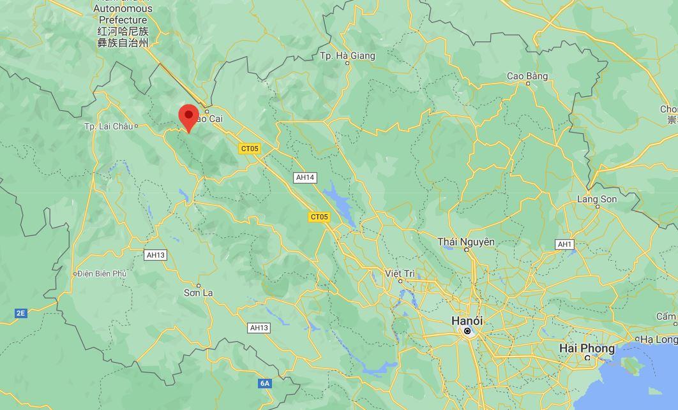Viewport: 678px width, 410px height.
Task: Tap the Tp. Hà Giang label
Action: pyautogui.click(x=347, y=56)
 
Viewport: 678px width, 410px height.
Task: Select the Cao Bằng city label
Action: pyautogui.click(x=527, y=76)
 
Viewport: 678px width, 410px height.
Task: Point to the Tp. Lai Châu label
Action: pyautogui.click(x=108, y=126)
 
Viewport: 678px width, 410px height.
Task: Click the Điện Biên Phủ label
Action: pyautogui.click(x=102, y=274)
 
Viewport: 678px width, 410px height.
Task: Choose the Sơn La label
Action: pyautogui.click(x=198, y=293)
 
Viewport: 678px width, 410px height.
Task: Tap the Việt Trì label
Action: pyautogui.click(x=400, y=274)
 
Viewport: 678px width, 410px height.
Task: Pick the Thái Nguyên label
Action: pyautogui.click(x=466, y=242)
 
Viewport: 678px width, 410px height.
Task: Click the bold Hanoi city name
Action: pyautogui.click(x=467, y=320)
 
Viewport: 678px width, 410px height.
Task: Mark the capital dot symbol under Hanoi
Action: pyautogui.click(x=467, y=331)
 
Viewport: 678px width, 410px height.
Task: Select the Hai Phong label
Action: pyautogui.click(x=587, y=348)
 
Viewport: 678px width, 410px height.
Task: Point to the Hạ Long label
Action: pyautogui.click(x=658, y=339)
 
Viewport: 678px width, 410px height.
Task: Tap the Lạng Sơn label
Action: pyautogui.click(x=597, y=199)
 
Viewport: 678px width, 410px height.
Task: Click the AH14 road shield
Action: pyautogui.click(x=305, y=177)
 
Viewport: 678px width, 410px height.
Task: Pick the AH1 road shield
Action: pyautogui.click(x=564, y=244)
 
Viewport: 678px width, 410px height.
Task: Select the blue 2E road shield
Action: pyautogui.click(x=21, y=313)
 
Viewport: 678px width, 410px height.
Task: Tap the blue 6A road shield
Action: pyautogui.click(x=265, y=383)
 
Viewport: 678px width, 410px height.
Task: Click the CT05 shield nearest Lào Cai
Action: pyautogui.click(x=250, y=149)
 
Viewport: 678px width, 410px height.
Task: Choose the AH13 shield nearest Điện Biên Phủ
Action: pyautogui.click(x=156, y=255)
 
